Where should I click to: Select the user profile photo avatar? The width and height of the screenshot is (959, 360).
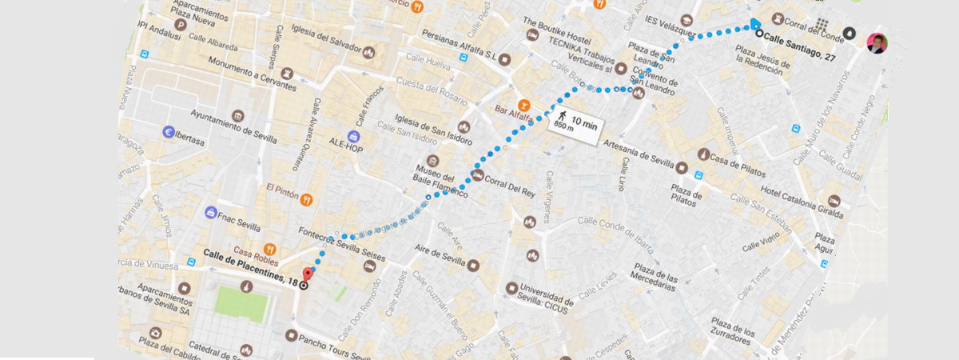(877, 42)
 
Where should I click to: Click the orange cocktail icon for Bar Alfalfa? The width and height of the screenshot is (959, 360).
(523, 104)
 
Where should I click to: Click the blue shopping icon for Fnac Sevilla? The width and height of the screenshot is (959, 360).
(210, 213)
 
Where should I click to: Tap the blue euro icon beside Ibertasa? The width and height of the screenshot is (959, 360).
(169, 132)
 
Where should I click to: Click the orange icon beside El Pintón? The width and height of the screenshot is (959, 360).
(305, 199)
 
